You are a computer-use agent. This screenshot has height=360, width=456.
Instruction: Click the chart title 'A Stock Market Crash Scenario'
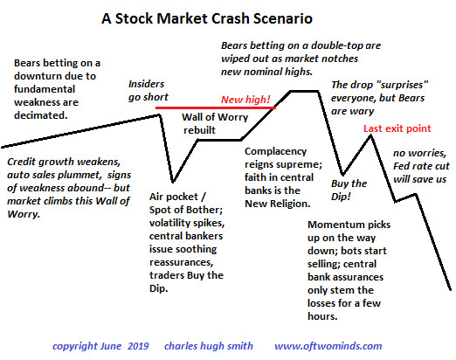click(x=207, y=18)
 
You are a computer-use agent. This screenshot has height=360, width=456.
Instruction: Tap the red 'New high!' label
click(x=245, y=100)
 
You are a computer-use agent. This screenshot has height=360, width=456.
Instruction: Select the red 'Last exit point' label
click(x=397, y=128)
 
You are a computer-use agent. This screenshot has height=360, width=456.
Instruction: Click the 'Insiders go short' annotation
click(x=149, y=91)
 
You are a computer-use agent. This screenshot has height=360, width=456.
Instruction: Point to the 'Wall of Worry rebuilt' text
click(x=215, y=123)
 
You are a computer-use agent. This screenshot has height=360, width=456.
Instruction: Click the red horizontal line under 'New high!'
click(x=216, y=107)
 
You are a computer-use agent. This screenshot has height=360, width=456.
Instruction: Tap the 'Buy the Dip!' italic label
click(x=349, y=190)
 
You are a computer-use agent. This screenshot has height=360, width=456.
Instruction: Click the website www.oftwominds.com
click(x=328, y=346)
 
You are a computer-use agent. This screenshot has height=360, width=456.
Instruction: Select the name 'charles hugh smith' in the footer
click(x=209, y=346)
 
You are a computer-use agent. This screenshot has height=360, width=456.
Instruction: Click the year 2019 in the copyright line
click(x=138, y=346)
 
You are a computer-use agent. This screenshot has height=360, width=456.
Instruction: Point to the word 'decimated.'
click(x=41, y=115)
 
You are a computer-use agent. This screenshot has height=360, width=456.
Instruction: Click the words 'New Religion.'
click(x=278, y=204)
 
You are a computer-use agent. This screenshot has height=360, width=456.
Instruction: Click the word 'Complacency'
click(x=275, y=151)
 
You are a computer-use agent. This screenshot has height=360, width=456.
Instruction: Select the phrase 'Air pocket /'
click(x=177, y=197)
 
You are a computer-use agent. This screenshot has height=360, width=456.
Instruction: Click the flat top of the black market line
click(x=304, y=91)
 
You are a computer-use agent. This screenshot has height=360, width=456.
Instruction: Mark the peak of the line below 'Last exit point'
click(x=370, y=136)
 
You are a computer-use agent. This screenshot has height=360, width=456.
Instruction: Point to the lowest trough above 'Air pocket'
click(x=173, y=182)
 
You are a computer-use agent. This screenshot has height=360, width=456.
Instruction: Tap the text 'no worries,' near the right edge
click(x=419, y=153)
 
